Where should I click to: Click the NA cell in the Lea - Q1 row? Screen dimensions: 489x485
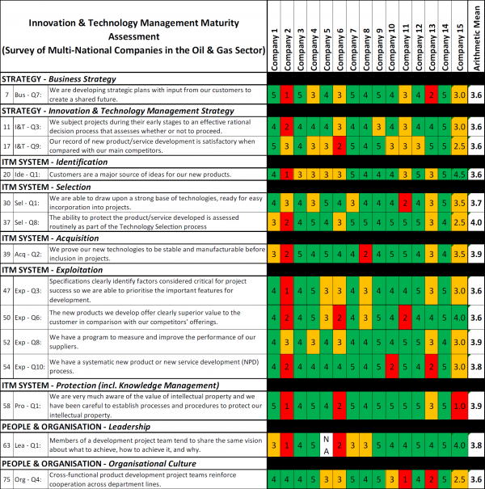click(x=326, y=443)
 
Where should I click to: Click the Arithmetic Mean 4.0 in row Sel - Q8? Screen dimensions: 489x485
click(x=476, y=222)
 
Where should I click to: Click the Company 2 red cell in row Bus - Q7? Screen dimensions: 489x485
click(x=287, y=95)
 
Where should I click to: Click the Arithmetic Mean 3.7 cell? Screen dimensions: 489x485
click(x=476, y=202)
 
